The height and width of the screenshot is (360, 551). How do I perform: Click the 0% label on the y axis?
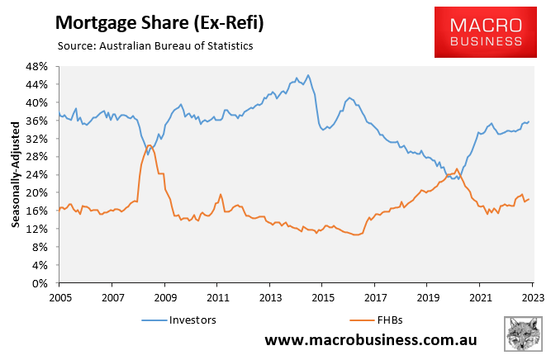point(44,283)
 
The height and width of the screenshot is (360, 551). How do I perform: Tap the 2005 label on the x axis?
point(59,296)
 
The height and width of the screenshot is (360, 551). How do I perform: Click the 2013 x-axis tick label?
point(270,296)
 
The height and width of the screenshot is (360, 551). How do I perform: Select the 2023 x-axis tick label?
point(533,296)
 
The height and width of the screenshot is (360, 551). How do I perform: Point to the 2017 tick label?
point(375,296)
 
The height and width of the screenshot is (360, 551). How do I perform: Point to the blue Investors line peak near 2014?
point(308,75)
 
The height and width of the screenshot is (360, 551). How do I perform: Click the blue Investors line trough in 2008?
point(148,154)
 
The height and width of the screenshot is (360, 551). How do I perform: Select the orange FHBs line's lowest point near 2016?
point(356,235)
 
